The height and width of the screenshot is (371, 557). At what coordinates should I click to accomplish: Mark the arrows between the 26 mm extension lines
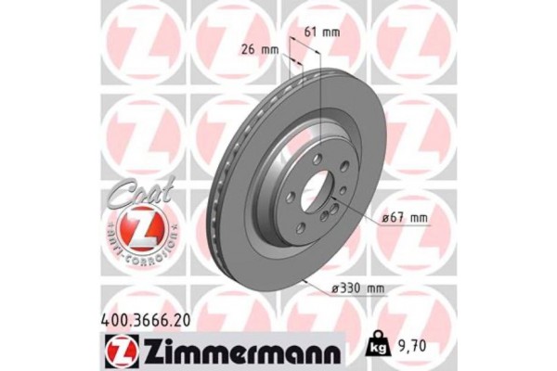point(296,61)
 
